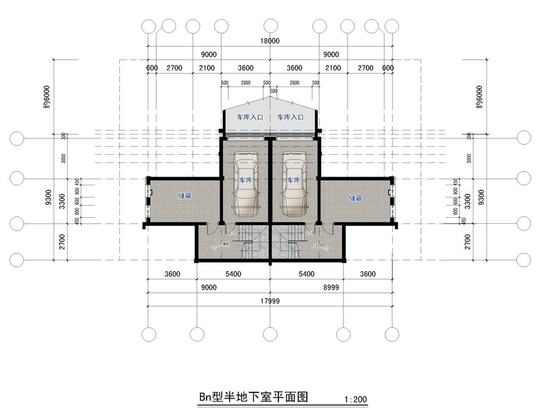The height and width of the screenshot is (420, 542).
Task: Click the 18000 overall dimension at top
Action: (270, 41)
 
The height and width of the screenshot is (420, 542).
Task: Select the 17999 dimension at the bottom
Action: (270, 301)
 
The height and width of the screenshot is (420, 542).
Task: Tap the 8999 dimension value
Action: (331, 287)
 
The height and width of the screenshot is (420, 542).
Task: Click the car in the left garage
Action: (245, 183)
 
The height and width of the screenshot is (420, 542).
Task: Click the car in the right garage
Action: (295, 183)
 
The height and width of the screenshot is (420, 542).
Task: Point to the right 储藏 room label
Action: (355, 198)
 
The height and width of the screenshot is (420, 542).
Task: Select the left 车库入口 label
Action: (249, 117)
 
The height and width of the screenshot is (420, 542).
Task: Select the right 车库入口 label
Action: (290, 117)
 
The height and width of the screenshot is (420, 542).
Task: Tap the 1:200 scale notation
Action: (356, 400)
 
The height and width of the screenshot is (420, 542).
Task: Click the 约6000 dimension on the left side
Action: (46, 97)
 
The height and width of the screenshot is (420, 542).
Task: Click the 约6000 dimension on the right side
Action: (480, 97)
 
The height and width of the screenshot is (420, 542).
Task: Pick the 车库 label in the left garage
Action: (245, 181)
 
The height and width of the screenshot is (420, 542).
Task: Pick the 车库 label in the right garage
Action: (293, 181)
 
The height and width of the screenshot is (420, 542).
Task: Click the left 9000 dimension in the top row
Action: (209, 54)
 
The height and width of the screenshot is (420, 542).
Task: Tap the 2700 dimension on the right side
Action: (468, 241)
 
